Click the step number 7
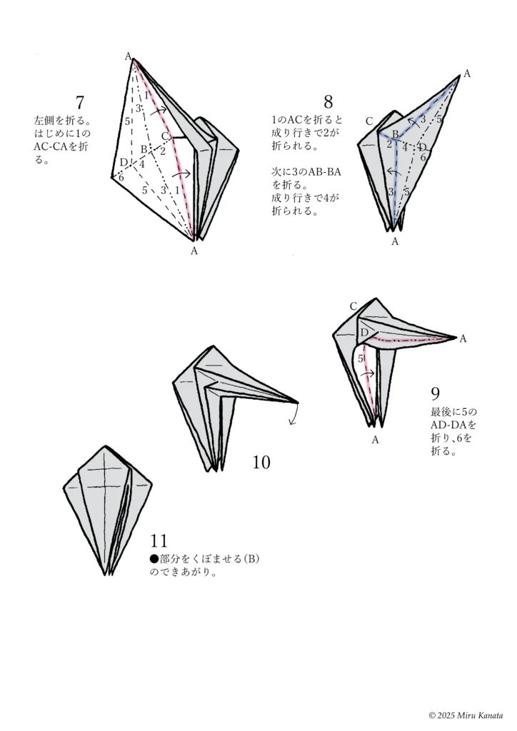point(80,102)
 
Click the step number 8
point(328,102)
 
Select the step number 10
point(261,463)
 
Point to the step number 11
point(159,540)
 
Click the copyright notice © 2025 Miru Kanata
point(466,715)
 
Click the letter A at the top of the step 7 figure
point(129,56)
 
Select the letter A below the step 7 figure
point(194,251)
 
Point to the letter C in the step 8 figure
point(369,121)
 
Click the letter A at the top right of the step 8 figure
point(467,73)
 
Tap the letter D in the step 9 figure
point(363,333)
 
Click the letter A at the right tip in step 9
point(463,338)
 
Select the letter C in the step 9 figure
point(353,306)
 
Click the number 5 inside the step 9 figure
point(361,358)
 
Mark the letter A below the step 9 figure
point(375,440)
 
